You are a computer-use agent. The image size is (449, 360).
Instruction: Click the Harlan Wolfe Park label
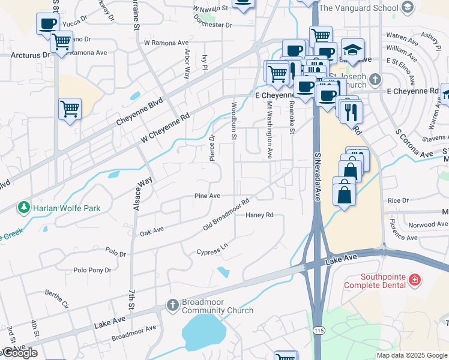(67, 208)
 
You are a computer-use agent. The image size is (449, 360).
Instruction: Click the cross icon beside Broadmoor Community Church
(172, 305)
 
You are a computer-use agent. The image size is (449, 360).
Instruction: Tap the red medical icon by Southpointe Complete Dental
(414, 280)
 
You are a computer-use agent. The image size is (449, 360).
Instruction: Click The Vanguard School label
(358, 8)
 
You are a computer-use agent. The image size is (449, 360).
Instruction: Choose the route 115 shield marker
(318, 331)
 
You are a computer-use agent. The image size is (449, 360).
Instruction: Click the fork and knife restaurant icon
(351, 111)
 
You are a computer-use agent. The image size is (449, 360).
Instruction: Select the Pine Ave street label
(207, 196)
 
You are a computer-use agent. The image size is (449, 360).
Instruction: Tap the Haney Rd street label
(259, 215)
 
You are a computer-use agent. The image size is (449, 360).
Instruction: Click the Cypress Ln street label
(212, 249)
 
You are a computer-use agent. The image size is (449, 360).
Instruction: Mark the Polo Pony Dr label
(92, 270)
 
